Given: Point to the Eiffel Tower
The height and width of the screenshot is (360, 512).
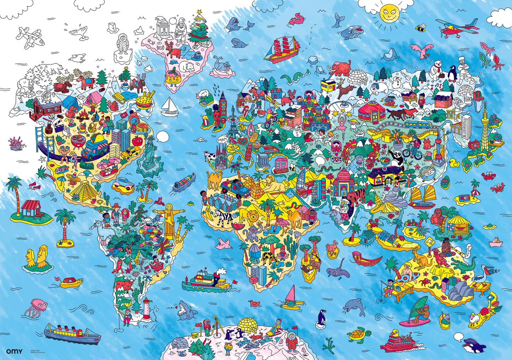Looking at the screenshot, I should [x=232, y=124].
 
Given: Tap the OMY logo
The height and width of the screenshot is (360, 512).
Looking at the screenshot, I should [x=14, y=351].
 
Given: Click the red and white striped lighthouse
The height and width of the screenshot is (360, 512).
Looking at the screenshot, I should [x=146, y=309].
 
